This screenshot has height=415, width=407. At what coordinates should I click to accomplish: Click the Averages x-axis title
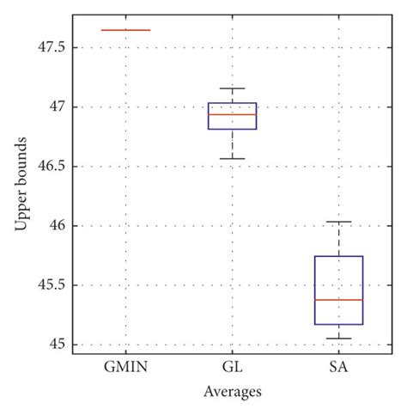[x=232, y=392]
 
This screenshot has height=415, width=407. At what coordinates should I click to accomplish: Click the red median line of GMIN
[x=125, y=30]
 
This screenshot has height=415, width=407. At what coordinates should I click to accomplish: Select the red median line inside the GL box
[x=232, y=114]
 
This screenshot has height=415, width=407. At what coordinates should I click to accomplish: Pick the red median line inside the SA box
[x=339, y=300]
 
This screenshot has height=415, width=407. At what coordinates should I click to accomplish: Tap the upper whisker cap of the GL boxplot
[x=232, y=88]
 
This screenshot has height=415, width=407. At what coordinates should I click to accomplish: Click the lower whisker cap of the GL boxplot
[x=232, y=159]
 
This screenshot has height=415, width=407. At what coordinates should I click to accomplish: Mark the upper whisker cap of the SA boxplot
[x=339, y=222]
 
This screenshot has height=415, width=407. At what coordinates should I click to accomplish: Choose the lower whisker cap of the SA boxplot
[x=339, y=339]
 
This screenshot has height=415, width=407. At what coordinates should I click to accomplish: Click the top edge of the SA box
[x=339, y=256]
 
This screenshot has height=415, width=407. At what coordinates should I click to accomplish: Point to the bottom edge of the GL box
[x=232, y=129]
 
